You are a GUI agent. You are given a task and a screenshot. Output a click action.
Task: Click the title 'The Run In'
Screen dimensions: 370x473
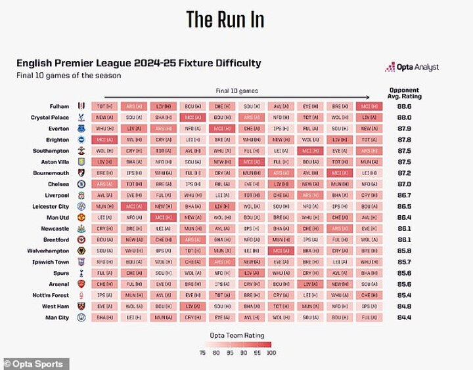(225, 19)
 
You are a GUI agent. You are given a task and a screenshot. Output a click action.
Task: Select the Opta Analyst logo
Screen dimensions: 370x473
(412, 67)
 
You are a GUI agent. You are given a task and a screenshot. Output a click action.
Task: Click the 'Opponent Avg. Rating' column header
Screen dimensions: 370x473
(404, 93)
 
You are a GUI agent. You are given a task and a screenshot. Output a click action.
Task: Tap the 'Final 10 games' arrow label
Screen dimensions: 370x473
(236, 91)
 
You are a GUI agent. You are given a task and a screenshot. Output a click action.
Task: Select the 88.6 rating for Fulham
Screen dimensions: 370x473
(404, 106)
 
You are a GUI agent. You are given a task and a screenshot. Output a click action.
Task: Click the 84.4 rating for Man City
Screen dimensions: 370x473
(404, 318)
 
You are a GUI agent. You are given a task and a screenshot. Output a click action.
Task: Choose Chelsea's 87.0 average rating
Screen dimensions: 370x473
(404, 184)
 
